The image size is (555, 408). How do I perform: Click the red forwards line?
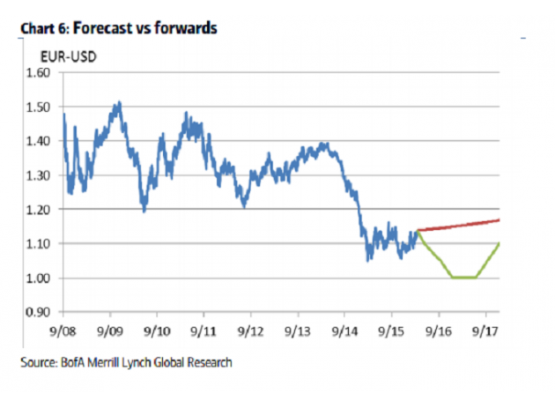tap(458, 225)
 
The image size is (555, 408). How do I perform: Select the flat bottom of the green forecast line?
tap(464, 278)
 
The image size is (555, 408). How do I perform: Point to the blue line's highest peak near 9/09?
tap(118, 103)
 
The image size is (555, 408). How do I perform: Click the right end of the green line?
tap(499, 244)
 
